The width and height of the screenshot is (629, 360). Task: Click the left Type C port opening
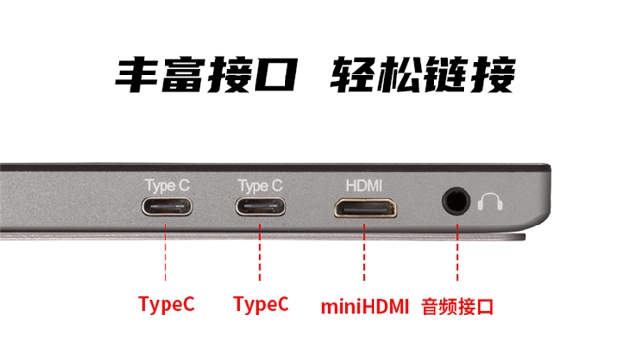(166, 207)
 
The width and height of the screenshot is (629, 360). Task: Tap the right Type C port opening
(260, 207)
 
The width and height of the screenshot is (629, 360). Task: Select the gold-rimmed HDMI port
(365, 208)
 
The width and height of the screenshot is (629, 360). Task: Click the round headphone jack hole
(457, 200)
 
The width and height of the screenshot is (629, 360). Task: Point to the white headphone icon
(490, 201)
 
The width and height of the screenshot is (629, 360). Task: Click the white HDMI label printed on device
(364, 186)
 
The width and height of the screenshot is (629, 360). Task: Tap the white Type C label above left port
(166, 186)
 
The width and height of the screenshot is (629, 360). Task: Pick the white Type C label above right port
(260, 186)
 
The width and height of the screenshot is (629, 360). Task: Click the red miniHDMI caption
(365, 307)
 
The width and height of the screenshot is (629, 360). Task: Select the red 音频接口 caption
(457, 307)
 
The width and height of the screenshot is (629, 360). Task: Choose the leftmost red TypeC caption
(166, 304)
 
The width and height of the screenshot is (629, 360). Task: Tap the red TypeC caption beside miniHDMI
(260, 304)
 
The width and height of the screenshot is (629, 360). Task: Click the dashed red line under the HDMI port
(364, 252)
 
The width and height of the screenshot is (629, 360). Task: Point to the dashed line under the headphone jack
(457, 252)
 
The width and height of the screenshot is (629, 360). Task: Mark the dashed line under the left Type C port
(165, 252)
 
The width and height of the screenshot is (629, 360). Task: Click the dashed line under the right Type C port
(260, 252)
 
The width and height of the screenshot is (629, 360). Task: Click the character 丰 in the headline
(136, 75)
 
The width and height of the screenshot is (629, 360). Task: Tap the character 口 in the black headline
(275, 75)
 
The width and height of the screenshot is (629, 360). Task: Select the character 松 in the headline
(396, 75)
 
